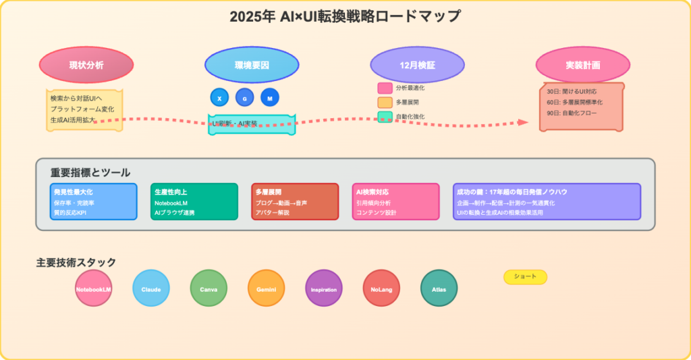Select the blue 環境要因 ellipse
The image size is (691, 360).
[252, 65]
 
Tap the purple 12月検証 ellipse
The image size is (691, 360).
[417, 65]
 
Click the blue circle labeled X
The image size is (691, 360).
[219, 98]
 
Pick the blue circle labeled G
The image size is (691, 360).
[244, 98]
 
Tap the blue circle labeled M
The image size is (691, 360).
[270, 98]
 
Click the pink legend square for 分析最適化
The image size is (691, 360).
[385, 88]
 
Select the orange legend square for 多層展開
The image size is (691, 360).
[385, 102]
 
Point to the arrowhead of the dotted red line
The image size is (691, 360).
[523, 122]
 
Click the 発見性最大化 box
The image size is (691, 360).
[93, 201]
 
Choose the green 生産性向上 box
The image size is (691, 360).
[194, 201]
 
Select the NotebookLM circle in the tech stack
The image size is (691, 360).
[94, 288]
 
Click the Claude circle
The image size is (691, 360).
[151, 288]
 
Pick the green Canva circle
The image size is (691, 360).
[209, 288]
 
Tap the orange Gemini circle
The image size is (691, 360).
[266, 288]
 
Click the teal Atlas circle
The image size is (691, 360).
[439, 288]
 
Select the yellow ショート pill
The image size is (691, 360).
[525, 277]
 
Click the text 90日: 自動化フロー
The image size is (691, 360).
[574, 113]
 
